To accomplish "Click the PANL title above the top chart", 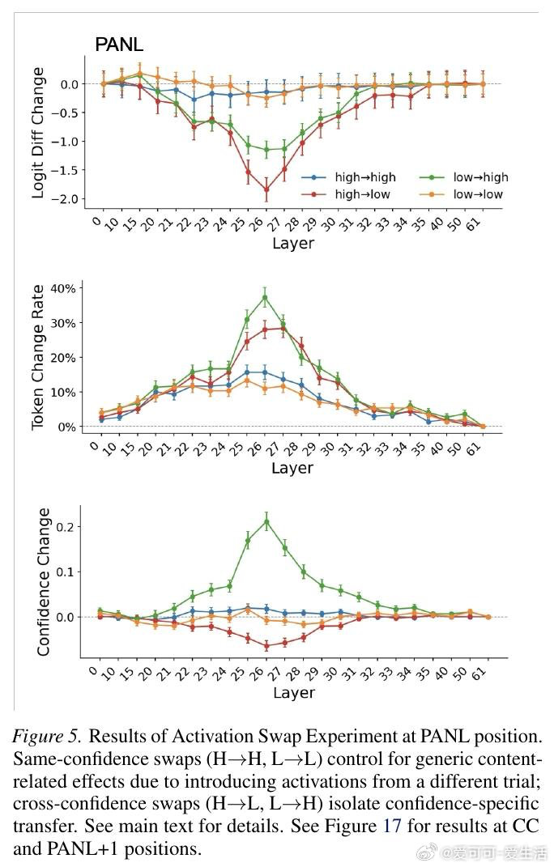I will coord(119,45).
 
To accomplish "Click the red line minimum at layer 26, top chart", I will coord(266,189).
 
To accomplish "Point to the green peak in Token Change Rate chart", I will coord(265,297).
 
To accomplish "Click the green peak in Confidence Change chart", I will coord(266,521).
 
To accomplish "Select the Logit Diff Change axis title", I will coord(38,133).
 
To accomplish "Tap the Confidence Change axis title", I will coord(44,581).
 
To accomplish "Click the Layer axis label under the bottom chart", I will coord(293,693).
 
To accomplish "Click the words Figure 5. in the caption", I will coord(46,737).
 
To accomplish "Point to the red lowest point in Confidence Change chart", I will coord(266,645).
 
